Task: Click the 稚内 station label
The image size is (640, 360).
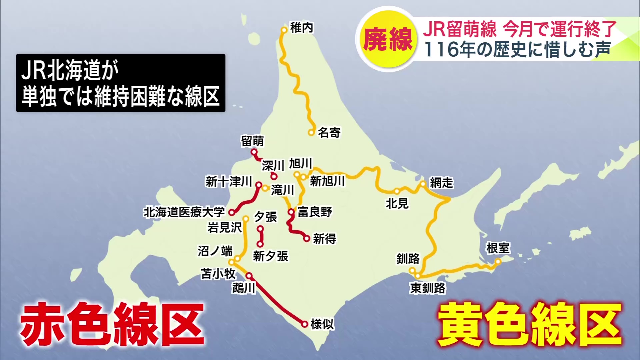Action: [301, 28]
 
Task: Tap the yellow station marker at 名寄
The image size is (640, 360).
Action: [311, 132]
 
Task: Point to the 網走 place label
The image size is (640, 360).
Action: [441, 183]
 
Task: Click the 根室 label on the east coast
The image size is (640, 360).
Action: [498, 248]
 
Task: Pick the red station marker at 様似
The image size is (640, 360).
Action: [304, 324]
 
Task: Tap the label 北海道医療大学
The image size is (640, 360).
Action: [184, 212]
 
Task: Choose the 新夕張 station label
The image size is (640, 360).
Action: [270, 256]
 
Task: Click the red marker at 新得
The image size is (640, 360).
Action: [307, 238]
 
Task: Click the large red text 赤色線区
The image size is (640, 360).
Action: [112, 324]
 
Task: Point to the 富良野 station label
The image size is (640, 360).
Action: [315, 212]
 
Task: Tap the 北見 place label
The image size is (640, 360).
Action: [397, 203]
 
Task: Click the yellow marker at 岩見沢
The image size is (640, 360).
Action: [246, 219]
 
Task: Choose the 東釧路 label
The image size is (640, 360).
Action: [428, 288]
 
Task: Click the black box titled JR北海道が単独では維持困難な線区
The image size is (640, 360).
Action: [121, 83]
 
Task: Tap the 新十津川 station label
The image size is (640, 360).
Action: [229, 182]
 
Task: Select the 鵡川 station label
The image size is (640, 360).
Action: [244, 288]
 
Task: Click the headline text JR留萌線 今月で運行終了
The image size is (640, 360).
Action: [519, 29]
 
